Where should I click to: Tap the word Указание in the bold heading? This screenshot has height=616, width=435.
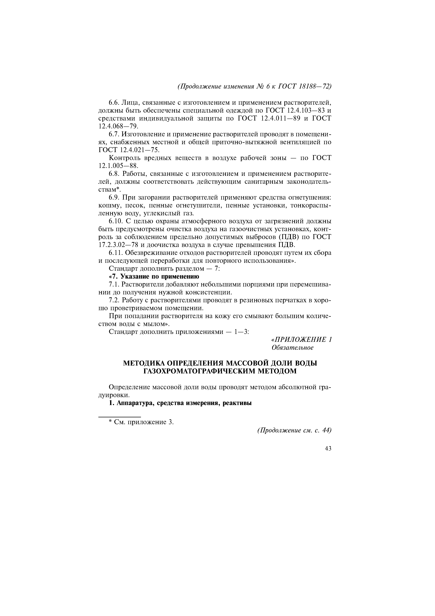(x=133, y=276)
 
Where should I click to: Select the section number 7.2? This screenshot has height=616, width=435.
(x=114, y=300)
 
